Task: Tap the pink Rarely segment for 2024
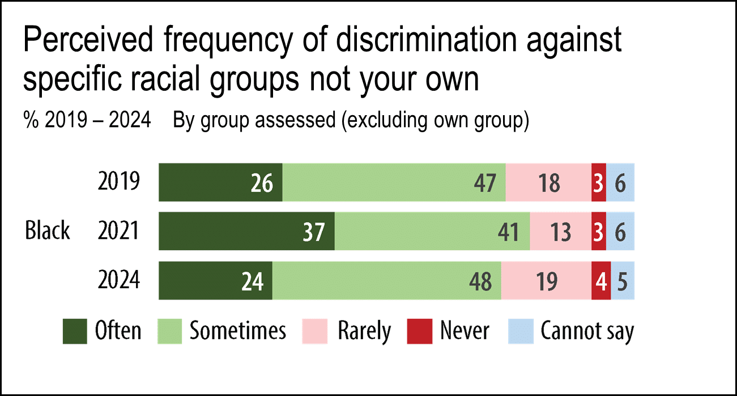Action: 546,281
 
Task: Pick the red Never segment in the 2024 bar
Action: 601,281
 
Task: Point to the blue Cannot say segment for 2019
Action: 620,182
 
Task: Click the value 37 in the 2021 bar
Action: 313,232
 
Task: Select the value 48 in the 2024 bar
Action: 480,281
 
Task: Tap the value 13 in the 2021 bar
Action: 561,232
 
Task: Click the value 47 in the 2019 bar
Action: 485,183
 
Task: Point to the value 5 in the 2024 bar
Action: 623,281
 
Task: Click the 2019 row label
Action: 118,182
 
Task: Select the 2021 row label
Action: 118,231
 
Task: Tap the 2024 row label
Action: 118,280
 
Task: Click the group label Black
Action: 48,231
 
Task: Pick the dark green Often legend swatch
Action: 75,331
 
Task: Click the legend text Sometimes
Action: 238,331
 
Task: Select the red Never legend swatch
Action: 419,331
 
